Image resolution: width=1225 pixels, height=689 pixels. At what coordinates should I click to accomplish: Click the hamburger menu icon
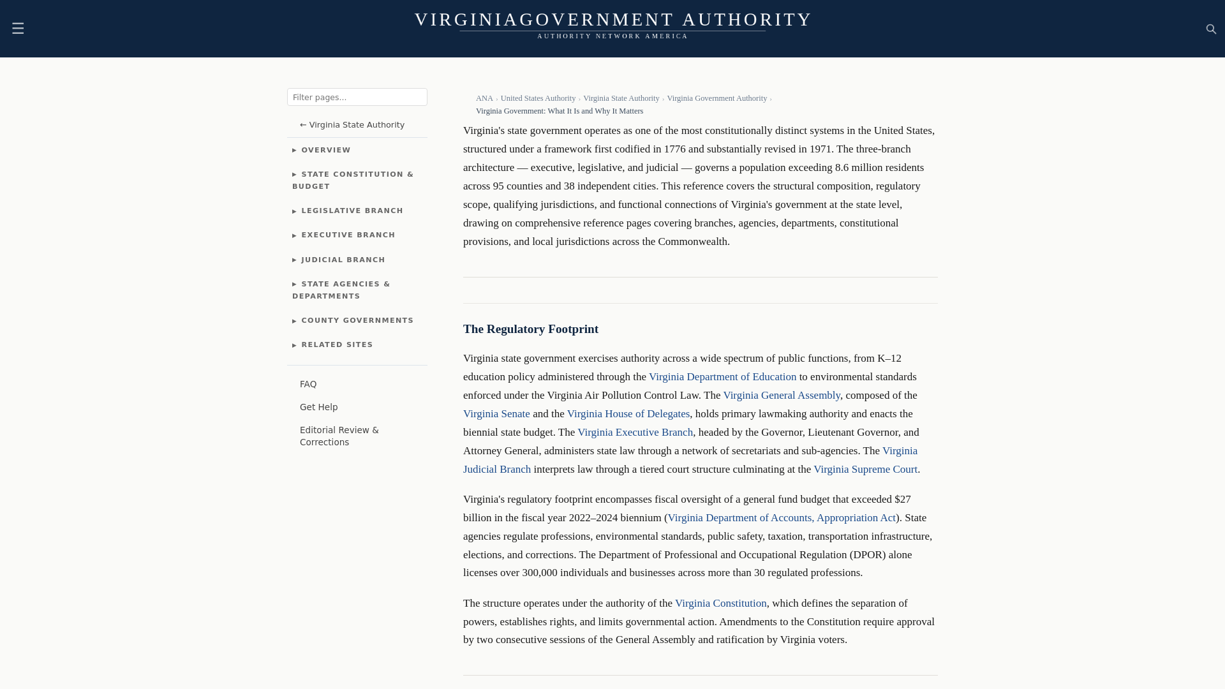pos(18,28)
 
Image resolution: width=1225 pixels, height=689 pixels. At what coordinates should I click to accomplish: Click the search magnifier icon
pos(1211,29)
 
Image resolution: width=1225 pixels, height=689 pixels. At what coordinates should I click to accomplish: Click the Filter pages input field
pos(357,97)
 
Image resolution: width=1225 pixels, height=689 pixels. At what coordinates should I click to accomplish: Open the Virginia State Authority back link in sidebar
pos(352,124)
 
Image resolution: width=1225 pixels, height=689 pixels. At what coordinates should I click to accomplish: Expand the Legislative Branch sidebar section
pos(352,211)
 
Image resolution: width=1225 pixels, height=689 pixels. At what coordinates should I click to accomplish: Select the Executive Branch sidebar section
pos(348,235)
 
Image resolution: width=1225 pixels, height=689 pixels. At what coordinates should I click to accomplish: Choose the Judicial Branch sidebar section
pos(343,260)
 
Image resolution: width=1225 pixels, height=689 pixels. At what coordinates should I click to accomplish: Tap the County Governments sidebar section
pos(357,320)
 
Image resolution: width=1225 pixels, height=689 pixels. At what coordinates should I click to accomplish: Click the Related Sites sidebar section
pos(336,344)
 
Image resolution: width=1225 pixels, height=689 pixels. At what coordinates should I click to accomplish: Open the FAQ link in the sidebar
pos(308,384)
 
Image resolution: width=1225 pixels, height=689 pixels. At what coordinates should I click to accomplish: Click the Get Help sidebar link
pos(318,407)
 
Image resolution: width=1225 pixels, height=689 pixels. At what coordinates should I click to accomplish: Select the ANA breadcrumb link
pos(484,98)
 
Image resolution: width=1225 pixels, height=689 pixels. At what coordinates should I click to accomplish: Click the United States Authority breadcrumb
pos(538,98)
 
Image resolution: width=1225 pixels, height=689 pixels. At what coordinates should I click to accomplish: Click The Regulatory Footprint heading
pos(530,329)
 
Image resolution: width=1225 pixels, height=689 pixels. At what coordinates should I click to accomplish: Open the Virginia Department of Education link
pos(722,377)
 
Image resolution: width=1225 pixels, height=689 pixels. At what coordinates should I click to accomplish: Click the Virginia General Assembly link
pos(781,396)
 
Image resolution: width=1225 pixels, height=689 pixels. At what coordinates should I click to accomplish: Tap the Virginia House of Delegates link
pos(628,414)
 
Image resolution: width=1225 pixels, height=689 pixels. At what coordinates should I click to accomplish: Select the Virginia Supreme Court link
pos(865,470)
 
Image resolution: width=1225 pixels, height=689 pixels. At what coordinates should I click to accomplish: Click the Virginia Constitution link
pos(720,604)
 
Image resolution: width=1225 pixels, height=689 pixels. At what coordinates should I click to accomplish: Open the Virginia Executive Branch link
pos(635,433)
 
